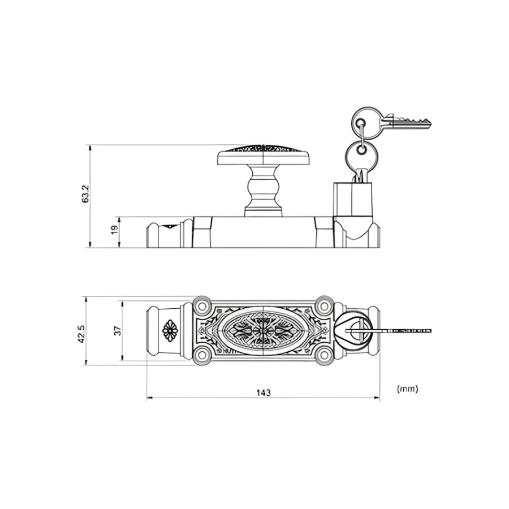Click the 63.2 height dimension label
click(85, 194)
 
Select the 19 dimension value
click(115, 230)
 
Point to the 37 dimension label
click(118, 331)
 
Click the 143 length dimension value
click(263, 393)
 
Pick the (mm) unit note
click(407, 389)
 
